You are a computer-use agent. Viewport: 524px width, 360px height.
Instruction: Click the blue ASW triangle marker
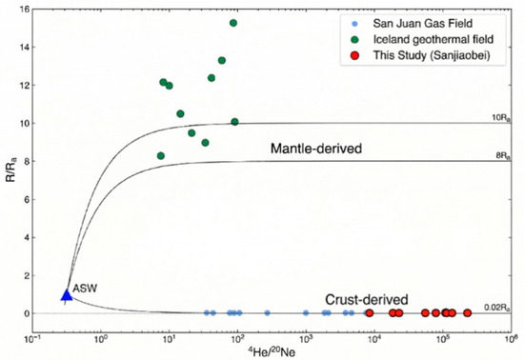point(67,295)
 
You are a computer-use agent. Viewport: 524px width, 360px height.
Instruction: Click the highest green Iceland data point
point(233,23)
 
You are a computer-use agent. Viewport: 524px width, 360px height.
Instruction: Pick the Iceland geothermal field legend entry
point(423,39)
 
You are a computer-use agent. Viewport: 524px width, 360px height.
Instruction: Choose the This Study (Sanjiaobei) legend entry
point(422,55)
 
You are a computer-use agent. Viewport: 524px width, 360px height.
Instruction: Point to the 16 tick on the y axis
point(26,10)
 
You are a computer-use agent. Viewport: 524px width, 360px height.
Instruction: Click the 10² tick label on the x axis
point(237,339)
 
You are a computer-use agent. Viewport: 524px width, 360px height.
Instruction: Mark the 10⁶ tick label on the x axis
point(511,339)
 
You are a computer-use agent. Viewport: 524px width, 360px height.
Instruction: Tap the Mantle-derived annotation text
point(316,149)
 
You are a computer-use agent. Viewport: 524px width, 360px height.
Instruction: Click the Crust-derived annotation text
point(367,300)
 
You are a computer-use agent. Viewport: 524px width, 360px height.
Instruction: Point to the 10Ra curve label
point(501,118)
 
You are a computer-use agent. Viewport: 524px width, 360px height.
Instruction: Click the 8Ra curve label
point(503,156)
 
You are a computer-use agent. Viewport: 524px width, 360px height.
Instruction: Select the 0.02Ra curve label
point(497,308)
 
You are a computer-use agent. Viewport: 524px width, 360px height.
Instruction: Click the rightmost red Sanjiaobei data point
point(467,313)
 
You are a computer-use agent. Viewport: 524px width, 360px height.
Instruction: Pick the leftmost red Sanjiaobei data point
point(370,313)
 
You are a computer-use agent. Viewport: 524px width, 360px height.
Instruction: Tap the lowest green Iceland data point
point(161,155)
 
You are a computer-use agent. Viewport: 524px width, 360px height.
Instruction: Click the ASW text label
point(85,289)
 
